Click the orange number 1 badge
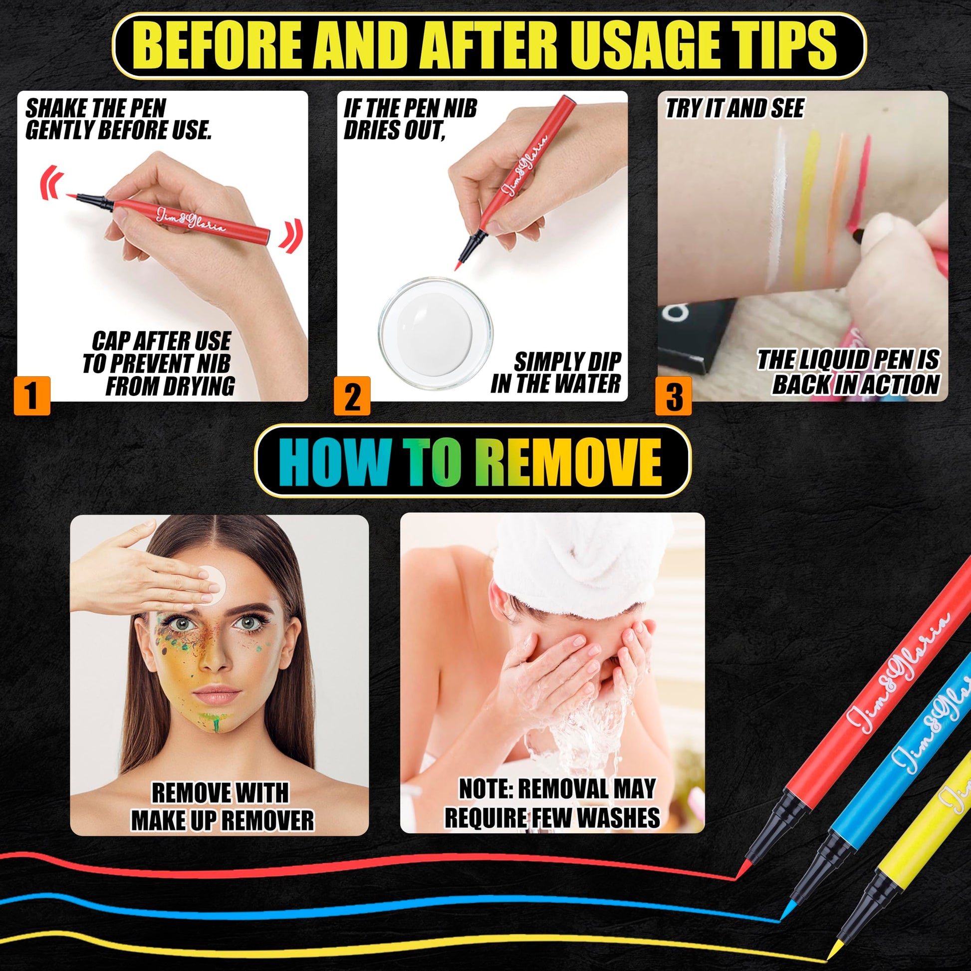(32, 396)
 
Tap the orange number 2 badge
(352, 396)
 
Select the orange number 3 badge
(674, 396)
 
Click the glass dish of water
(436, 332)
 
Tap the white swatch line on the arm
(777, 206)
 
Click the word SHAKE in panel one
(54, 109)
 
